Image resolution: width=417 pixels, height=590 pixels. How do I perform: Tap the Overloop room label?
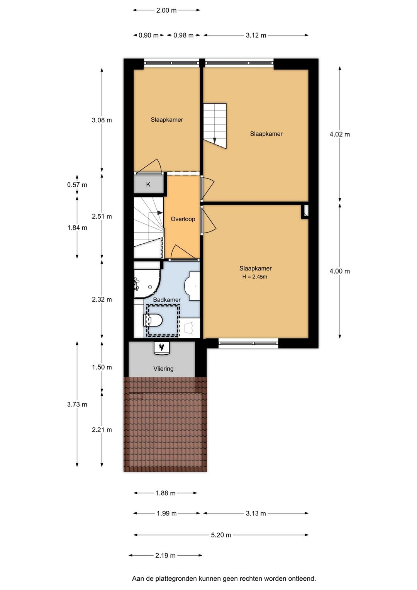pos(183,219)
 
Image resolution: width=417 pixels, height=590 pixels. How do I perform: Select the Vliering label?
pos(163,369)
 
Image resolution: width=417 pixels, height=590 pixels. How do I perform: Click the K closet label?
pos(148,185)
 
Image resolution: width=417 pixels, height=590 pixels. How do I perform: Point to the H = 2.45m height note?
pos(254,277)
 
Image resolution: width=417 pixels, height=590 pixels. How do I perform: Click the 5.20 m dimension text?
pos(221,535)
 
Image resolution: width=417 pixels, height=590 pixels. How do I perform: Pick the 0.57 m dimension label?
pos(77,185)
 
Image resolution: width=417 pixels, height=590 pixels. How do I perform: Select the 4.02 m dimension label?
pos(340,134)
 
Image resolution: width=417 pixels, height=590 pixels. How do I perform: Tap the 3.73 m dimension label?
pos(77,405)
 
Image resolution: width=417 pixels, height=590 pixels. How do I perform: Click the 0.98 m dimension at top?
pos(183,35)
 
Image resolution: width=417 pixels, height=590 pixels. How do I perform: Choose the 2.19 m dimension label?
pos(165,556)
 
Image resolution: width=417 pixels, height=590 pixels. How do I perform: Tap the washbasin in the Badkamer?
pos(192,286)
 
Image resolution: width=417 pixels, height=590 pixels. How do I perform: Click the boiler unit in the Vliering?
pos(161,348)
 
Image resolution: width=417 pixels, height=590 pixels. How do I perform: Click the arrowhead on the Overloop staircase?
pos(160,213)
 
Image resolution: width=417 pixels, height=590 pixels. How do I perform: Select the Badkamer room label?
pos(167,300)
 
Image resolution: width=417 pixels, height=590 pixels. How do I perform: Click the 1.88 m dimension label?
pos(166,493)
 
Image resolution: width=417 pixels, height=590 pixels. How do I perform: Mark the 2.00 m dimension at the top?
pos(166,10)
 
